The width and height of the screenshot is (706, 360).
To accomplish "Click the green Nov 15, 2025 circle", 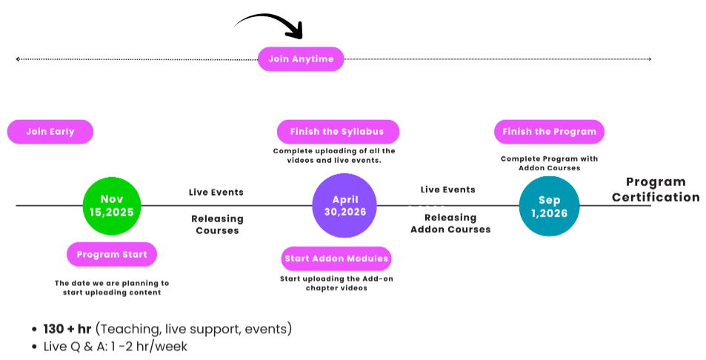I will (112, 205).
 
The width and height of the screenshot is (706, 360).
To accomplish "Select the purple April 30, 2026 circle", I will (344, 205).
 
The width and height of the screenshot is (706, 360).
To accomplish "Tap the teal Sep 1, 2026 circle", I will (549, 206).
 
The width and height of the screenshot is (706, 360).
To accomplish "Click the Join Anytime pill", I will (301, 59).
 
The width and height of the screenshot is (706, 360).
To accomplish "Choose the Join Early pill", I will (50, 132).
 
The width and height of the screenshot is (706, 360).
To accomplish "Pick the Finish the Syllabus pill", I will (337, 132).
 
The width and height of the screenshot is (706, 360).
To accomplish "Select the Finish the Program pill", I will (549, 132).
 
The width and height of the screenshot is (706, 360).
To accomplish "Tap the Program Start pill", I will (112, 254).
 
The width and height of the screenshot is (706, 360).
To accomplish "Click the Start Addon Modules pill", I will (337, 259).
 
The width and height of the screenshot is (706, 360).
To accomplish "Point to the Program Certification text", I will (655, 190).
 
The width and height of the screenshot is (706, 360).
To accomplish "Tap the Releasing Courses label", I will (217, 224).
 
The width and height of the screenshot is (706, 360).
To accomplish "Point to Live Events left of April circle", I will (216, 193).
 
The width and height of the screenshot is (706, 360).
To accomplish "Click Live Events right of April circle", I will (448, 190).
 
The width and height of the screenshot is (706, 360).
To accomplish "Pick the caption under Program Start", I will (112, 287).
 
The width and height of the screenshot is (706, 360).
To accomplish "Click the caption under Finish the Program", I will (549, 163).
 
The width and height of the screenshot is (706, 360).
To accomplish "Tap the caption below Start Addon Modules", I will (337, 283).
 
